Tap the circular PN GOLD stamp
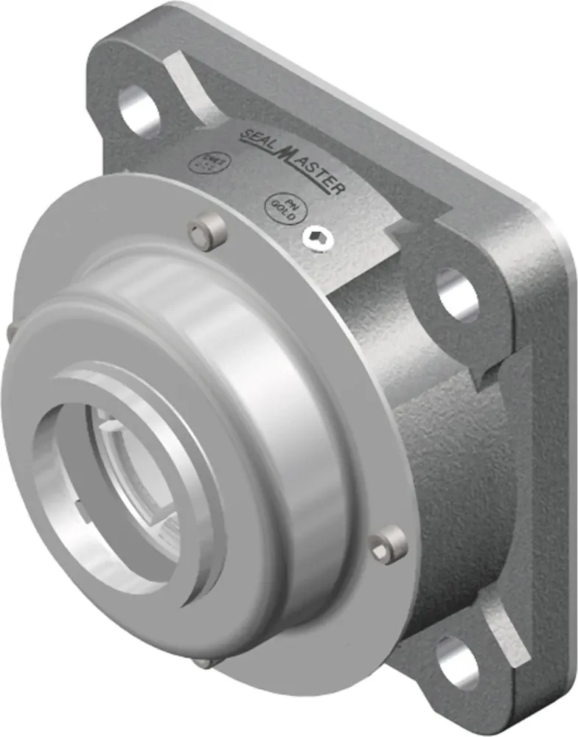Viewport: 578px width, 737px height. click(282, 209)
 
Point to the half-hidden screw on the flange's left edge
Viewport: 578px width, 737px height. click(10, 334)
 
